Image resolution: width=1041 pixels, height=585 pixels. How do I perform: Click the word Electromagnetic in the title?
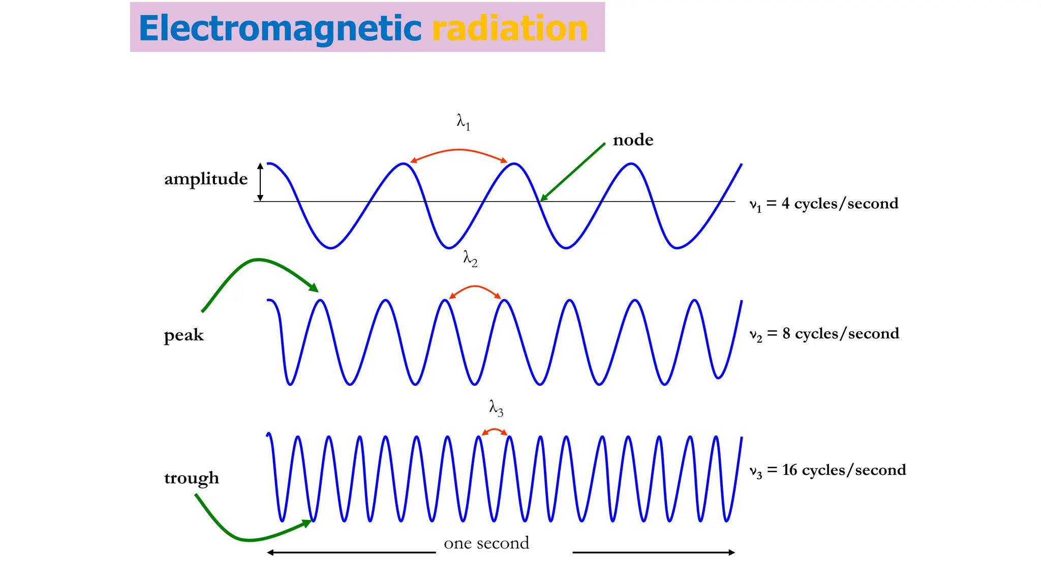click(280, 28)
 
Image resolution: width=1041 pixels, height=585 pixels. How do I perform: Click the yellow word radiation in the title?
click(510, 28)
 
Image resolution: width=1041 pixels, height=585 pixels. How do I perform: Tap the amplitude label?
click(206, 179)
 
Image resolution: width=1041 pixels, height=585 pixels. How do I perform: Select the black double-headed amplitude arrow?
click(260, 182)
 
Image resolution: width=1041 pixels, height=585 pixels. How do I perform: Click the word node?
click(633, 140)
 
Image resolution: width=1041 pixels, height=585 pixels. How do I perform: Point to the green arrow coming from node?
click(573, 172)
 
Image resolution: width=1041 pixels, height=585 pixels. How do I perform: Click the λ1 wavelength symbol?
click(463, 122)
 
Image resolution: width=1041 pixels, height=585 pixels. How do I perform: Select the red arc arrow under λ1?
click(459, 151)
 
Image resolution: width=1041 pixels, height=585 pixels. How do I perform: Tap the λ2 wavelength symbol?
click(470, 258)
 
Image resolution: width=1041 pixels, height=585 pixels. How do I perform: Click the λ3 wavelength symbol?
click(496, 407)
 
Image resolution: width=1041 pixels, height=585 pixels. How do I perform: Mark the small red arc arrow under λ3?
click(494, 431)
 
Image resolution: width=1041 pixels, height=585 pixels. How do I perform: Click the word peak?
click(183, 335)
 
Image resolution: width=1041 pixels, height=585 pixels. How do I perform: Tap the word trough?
click(192, 478)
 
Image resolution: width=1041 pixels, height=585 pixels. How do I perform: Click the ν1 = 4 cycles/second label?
click(824, 204)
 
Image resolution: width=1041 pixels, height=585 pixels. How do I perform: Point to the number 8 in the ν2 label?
click(786, 334)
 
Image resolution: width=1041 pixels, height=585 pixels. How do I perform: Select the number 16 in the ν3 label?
click(789, 470)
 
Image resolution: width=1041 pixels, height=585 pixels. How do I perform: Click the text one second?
click(486, 543)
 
